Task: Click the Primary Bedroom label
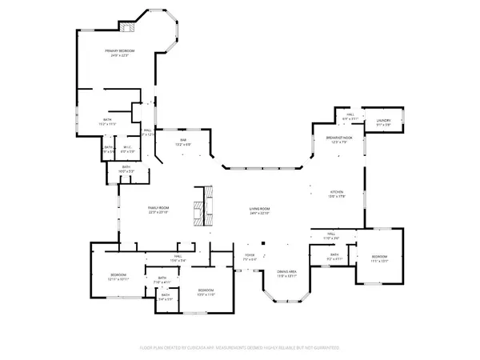(x=120, y=51)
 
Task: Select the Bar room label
(x=183, y=142)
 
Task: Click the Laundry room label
(x=383, y=122)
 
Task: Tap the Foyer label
(x=249, y=256)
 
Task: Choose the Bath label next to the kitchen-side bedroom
(x=335, y=257)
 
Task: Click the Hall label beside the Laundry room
(x=350, y=116)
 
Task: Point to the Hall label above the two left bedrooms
(x=178, y=258)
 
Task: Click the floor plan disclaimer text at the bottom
(x=240, y=348)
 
